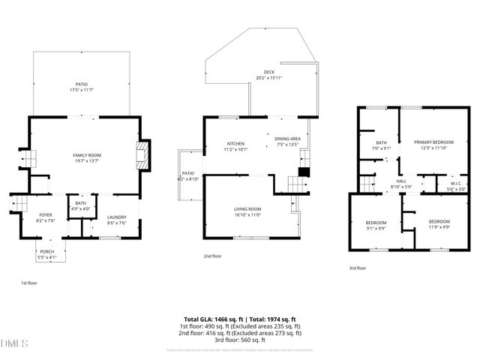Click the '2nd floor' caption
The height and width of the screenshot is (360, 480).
(212, 256)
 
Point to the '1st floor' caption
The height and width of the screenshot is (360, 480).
(28, 283)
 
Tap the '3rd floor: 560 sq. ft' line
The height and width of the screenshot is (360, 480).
(240, 340)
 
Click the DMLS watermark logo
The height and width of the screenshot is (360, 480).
(14, 344)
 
